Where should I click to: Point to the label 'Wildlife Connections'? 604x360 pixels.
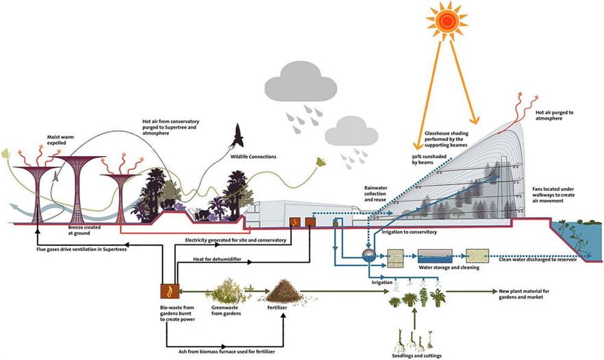tap(253, 157)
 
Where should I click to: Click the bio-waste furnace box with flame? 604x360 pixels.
tap(168, 292)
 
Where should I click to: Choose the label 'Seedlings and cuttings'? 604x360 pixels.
tap(419, 355)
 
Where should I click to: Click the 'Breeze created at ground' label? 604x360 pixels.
tap(86, 228)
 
